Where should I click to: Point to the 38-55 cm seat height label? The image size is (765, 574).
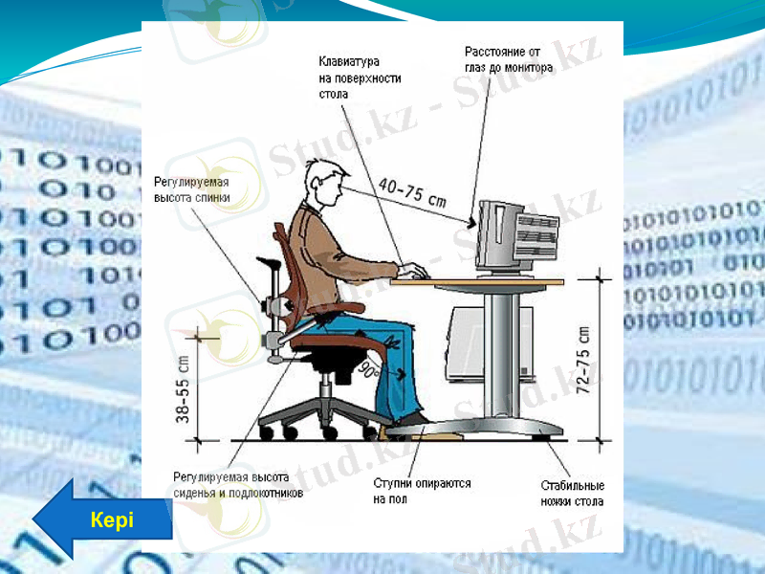click(x=183, y=391)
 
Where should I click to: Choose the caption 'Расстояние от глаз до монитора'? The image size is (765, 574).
click(x=509, y=59)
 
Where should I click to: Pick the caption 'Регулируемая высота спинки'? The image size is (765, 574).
click(x=192, y=190)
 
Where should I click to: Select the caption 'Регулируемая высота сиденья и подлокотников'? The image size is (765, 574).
click(x=237, y=485)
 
